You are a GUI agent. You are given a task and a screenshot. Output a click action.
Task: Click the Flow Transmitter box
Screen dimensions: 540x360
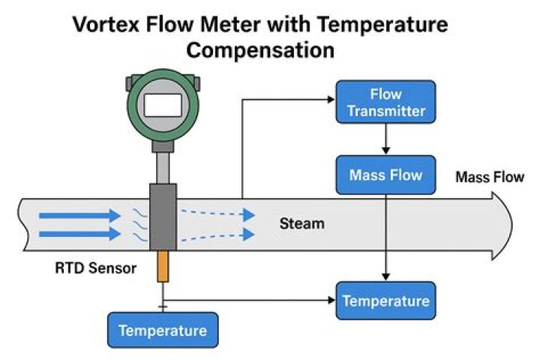pos(385,102)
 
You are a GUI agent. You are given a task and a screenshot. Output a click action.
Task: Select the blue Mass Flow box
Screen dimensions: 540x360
pos(385,175)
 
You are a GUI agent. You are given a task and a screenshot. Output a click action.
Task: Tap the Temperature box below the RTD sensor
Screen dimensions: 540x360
pos(163,330)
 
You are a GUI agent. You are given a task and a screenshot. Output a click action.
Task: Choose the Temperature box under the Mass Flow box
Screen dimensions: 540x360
pos(385,301)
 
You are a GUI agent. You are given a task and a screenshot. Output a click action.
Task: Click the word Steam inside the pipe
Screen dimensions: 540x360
pos(302,223)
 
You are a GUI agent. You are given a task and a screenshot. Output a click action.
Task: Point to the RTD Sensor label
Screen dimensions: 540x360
pos(96,268)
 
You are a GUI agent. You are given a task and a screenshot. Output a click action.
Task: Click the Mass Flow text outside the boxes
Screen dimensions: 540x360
pos(490,177)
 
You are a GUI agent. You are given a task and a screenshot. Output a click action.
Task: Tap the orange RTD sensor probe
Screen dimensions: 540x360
pos(163,266)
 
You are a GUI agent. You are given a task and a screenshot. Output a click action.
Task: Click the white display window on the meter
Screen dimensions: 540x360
pos(163,106)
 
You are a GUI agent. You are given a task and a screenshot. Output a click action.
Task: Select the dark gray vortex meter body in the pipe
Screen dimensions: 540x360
pos(163,217)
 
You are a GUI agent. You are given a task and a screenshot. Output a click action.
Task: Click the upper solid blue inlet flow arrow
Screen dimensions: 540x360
pos(80,216)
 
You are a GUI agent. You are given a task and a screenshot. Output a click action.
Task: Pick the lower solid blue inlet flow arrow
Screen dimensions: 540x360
pos(80,234)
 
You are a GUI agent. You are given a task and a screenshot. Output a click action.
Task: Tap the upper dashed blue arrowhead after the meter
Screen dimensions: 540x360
pos(249,215)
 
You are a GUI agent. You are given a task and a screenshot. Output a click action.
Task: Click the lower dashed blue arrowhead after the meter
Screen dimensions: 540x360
pos(249,235)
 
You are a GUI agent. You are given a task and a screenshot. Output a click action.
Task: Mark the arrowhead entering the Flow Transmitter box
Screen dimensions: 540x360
pos(331,100)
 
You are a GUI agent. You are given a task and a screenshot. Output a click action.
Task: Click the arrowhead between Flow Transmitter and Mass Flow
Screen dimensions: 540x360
pos(385,150)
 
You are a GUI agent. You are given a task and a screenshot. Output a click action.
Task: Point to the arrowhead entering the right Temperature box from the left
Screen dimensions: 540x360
pos(331,301)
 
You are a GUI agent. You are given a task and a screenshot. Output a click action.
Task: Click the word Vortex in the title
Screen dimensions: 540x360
pos(106,25)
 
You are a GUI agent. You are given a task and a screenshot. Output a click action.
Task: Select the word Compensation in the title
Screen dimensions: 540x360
pos(260,50)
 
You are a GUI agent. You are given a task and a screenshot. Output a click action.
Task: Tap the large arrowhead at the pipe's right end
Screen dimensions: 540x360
pos(502,226)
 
